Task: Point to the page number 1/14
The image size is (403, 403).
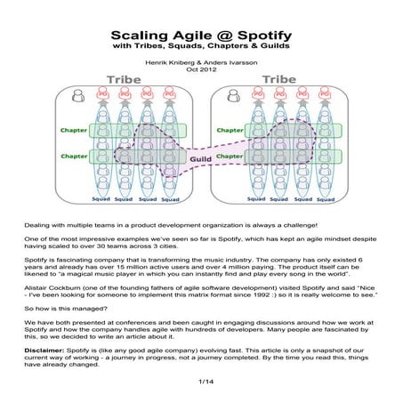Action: [x=202, y=381]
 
